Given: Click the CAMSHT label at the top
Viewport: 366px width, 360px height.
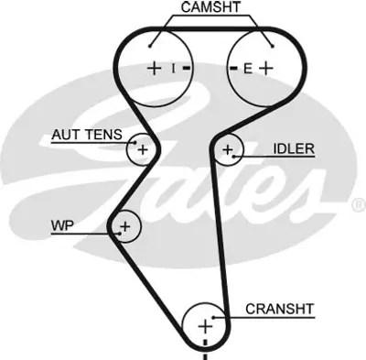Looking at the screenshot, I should coord(212,8).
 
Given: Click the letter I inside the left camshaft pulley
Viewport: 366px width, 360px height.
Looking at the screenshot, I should coord(171,68).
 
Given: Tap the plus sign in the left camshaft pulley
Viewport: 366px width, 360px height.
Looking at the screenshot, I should coord(155,68).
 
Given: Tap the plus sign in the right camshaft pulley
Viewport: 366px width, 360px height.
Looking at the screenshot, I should coord(265,68).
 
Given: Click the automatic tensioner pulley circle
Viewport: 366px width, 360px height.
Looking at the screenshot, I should coord(142,147).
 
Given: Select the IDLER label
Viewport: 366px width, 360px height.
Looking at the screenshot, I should coord(293,148).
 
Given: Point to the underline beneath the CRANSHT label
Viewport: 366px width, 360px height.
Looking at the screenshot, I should coord(274,319).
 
